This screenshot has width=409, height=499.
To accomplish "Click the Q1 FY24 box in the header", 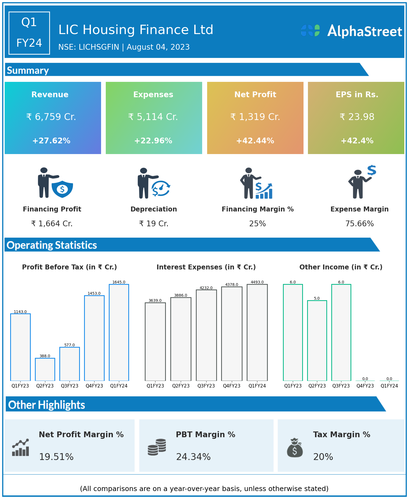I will [x=29, y=33].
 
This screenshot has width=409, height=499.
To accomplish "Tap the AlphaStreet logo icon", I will [x=310, y=30].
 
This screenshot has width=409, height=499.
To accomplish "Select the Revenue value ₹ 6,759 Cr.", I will [x=51, y=117].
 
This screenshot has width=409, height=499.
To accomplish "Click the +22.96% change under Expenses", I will [x=153, y=141].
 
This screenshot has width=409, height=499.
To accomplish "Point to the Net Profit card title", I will [x=255, y=94].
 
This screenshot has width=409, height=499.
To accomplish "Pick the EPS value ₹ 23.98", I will [x=357, y=117].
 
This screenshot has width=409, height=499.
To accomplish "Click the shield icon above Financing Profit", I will [x=62, y=189].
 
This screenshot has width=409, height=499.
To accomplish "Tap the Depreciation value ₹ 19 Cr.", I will [x=154, y=224].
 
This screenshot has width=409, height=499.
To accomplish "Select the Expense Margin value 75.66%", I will [x=359, y=224].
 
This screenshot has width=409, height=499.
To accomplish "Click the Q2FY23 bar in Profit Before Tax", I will [x=45, y=369].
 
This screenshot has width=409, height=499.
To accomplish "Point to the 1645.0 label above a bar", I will [x=119, y=282].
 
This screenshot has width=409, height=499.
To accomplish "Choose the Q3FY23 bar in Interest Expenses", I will [x=206, y=335].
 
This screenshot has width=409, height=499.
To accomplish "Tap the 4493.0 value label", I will [x=257, y=282].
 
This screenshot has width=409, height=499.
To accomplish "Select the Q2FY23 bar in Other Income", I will [x=317, y=341].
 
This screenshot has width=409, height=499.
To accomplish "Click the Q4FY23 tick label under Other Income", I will [x=365, y=386].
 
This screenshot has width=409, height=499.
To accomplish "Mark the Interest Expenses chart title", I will [x=206, y=267].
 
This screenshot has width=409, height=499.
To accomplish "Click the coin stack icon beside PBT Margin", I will [x=157, y=447].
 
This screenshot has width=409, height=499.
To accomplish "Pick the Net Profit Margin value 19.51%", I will [x=56, y=457].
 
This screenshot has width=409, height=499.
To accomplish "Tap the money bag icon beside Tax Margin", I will [x=295, y=448].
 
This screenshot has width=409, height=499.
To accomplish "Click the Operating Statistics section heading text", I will [x=52, y=245].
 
